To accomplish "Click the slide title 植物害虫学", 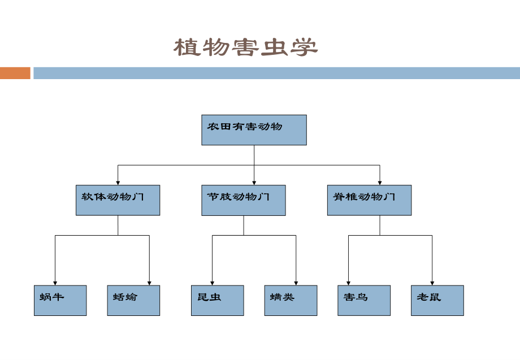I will coord(245,47).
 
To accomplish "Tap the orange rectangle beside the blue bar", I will coord(15,73).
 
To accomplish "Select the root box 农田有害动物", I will coord(254,130).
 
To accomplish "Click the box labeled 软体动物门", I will coord(118,200).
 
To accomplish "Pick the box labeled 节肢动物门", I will coord(244,200).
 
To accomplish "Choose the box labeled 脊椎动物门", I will coord(369,200).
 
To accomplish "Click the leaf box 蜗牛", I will coord(60,300).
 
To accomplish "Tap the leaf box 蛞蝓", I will coord(133,300).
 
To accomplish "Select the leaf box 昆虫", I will coord(217,300).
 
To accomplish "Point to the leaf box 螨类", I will coord(291,300).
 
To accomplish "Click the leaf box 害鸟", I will coord(364,300).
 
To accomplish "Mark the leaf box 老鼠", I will coord(437,300).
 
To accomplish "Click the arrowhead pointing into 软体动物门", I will coord(118,182).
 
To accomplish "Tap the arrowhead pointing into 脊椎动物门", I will coord(380,182).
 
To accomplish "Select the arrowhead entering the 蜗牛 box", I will coord(55,283).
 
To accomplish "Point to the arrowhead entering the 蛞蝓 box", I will coord(149,283).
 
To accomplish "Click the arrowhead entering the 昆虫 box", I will coord(212,283).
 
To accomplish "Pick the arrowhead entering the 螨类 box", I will coord(296,283).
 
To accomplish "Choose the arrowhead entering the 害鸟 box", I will coord(348,283).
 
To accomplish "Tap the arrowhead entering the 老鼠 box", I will coord(432,283).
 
